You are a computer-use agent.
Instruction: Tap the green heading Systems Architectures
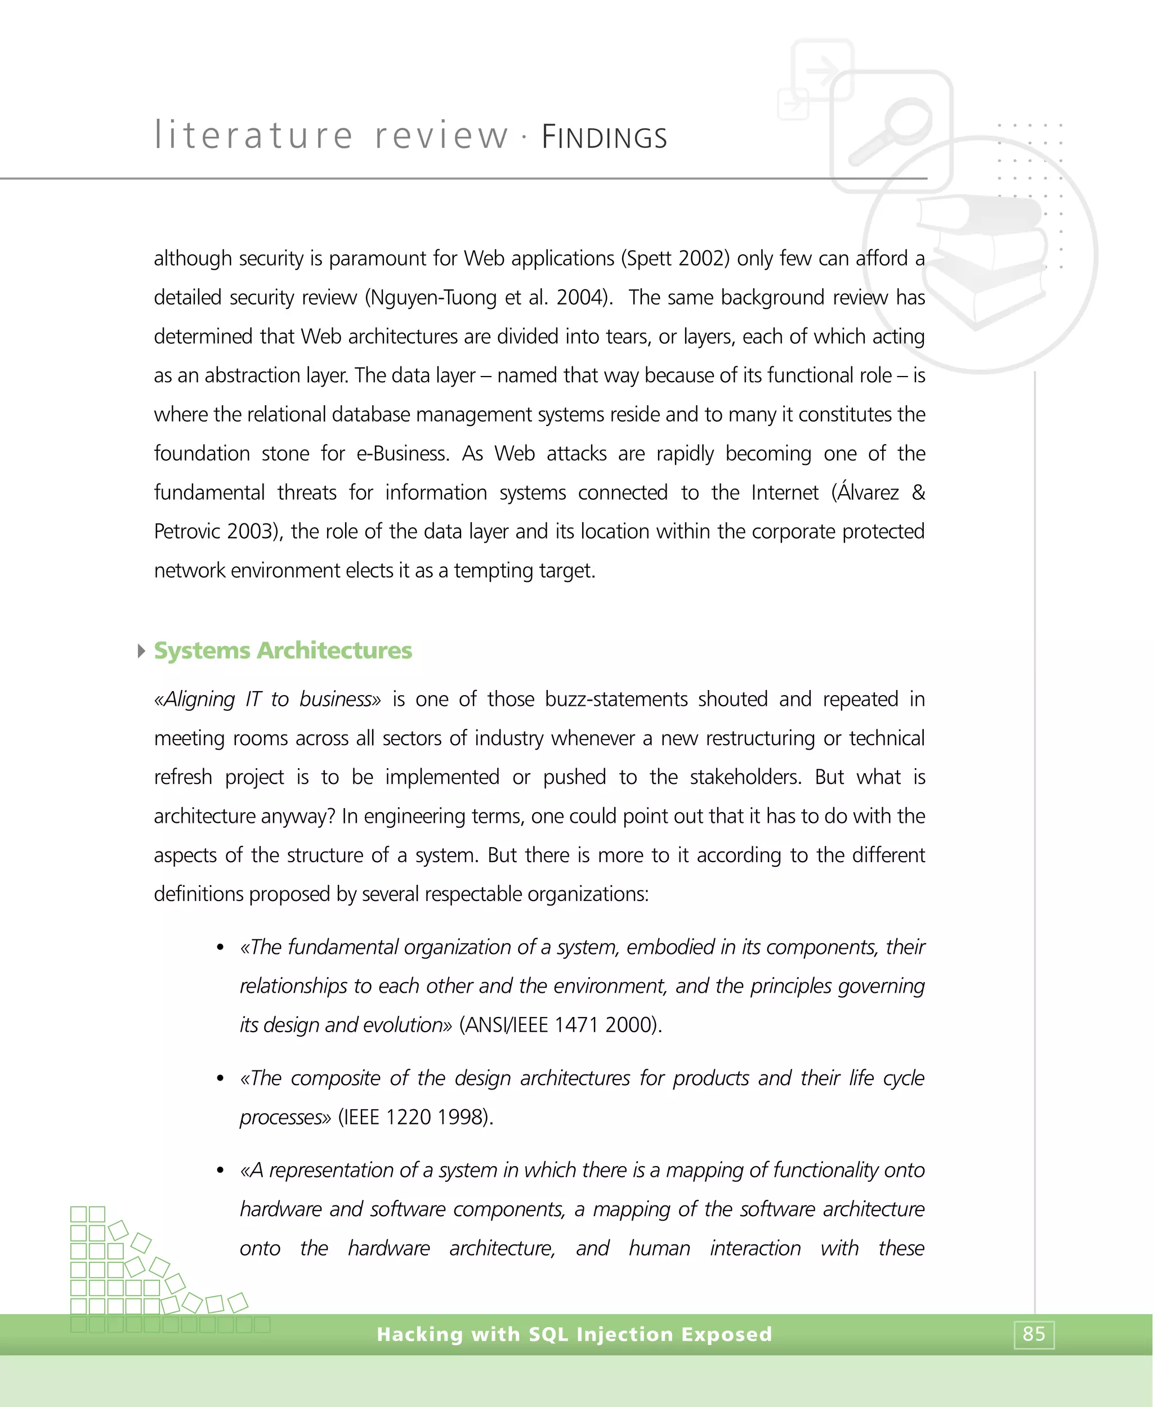283,651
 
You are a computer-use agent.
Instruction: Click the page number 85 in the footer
1034,1334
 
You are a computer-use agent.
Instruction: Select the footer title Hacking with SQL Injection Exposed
574,1334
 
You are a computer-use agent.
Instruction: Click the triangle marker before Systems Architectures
141,651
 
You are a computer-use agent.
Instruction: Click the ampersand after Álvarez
918,492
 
